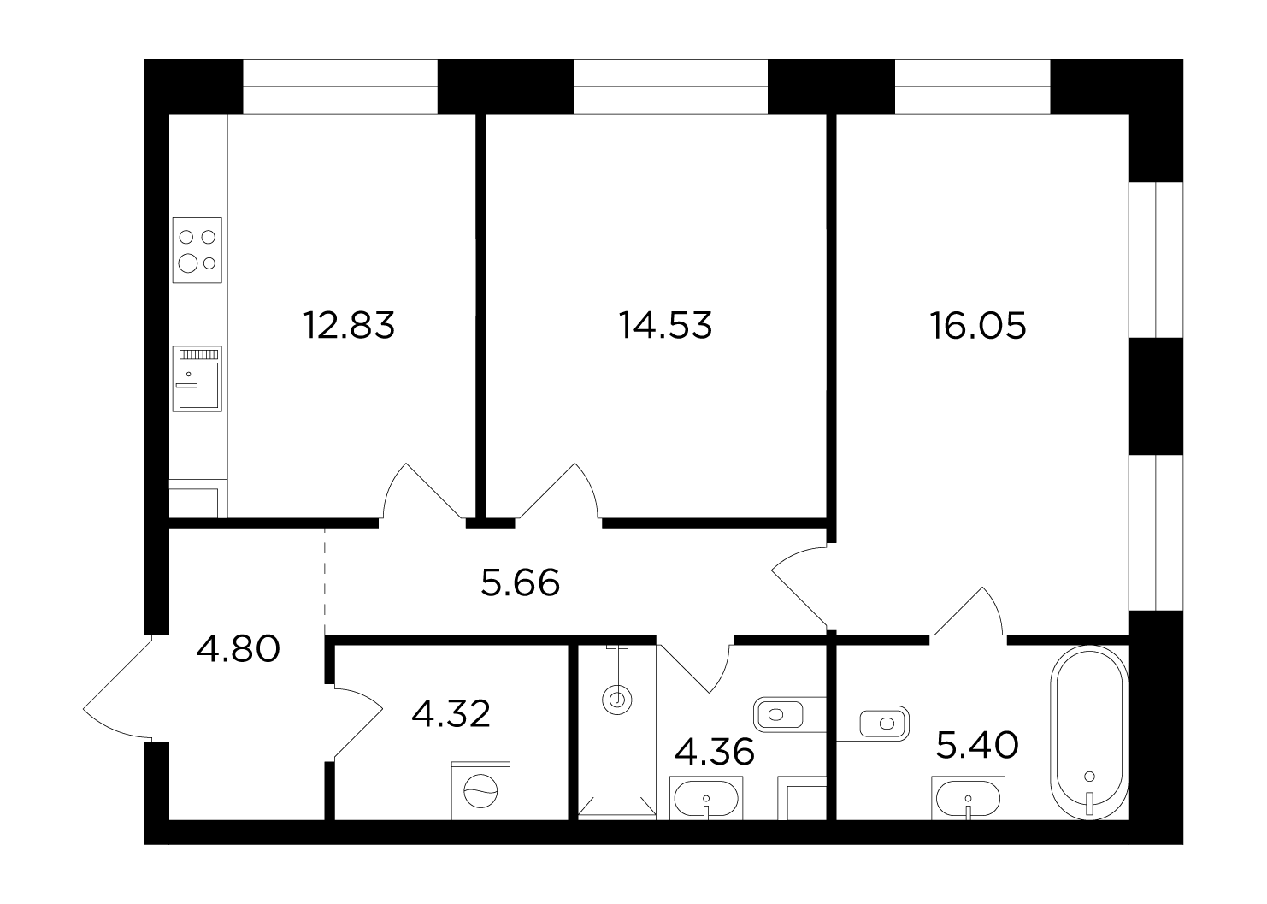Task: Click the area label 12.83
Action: coord(349,325)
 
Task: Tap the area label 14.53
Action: coord(665,325)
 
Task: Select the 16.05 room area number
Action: coord(978,326)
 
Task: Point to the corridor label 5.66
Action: coord(521,582)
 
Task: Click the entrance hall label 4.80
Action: coord(239,648)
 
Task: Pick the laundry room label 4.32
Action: coord(451,713)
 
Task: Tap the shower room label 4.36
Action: coord(715,751)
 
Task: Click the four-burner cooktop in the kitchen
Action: coord(197,250)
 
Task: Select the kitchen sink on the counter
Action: coord(197,379)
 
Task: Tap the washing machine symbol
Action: coord(480,790)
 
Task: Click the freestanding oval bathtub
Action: coord(1089,732)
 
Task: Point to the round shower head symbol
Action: coord(616,700)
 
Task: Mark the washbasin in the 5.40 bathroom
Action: coord(969,798)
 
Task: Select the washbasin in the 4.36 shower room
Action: coord(706,798)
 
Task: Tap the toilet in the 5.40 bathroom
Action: coord(873,723)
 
